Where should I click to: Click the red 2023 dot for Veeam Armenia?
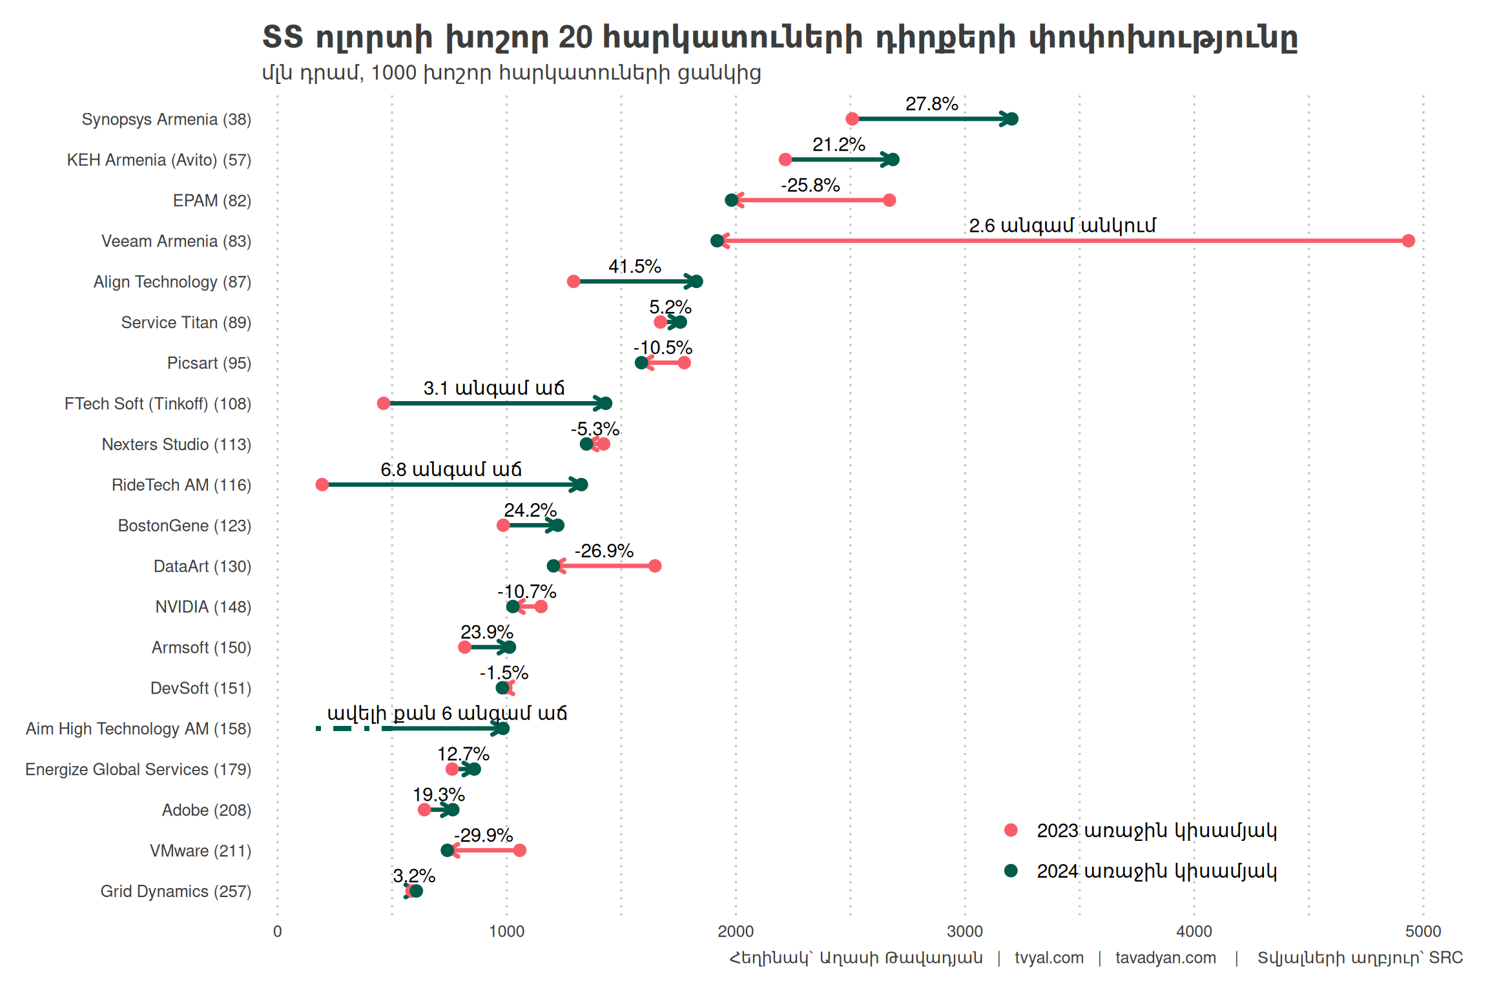1409,241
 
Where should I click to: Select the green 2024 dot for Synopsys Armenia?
1012,119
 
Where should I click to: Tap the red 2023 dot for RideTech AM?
322,484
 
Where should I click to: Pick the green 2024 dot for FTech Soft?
605,404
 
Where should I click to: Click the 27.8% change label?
931,104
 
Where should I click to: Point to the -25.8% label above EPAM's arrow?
810,185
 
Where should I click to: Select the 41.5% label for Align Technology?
634,266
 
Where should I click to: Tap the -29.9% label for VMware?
483,835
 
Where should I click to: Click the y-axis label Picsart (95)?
209,363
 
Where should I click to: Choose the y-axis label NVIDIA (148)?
203,607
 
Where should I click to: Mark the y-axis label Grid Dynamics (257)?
176,891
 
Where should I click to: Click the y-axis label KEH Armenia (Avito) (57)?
159,160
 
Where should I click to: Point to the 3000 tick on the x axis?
965,931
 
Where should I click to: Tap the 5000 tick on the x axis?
1423,931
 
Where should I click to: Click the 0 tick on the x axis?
278,931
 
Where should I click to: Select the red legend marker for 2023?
1011,831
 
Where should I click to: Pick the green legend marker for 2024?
1011,871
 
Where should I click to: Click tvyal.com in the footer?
1049,958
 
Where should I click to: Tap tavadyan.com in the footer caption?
1165,958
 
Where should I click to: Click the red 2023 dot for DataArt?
655,566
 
